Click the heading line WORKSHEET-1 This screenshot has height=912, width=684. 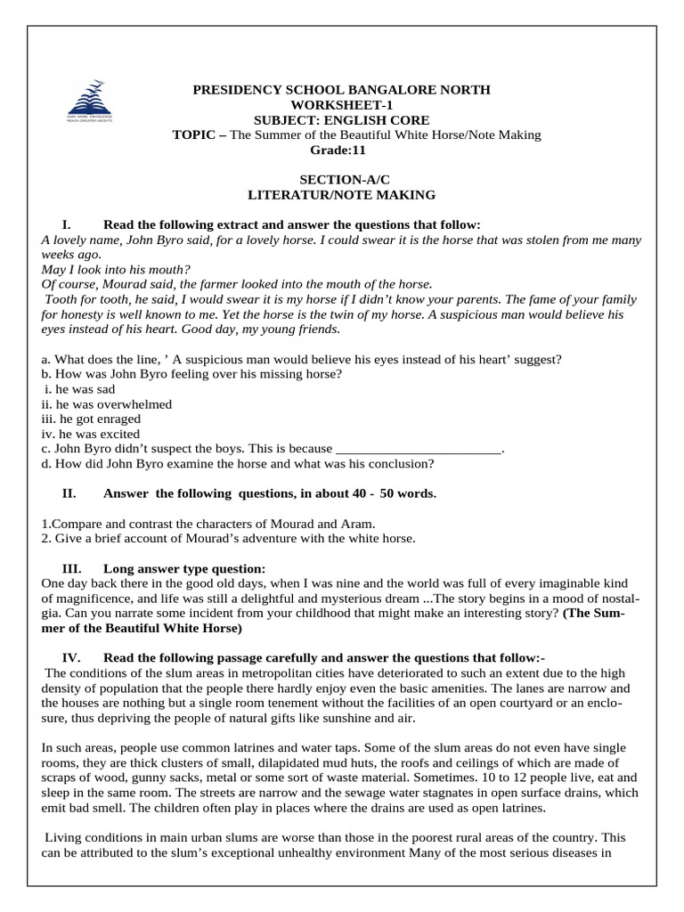pos(342,105)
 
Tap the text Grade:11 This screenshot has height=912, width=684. pos(342,150)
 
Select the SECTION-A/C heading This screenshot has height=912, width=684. pos(342,179)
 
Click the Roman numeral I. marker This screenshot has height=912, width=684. pos(66,224)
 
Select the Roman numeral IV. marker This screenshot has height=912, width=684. pos(71,657)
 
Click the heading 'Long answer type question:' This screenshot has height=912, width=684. pos(183,568)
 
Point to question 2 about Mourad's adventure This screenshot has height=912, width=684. pos(228,538)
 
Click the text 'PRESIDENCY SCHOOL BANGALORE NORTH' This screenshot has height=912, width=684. pos(342,90)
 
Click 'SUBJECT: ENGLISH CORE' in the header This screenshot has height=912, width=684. pos(342,119)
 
